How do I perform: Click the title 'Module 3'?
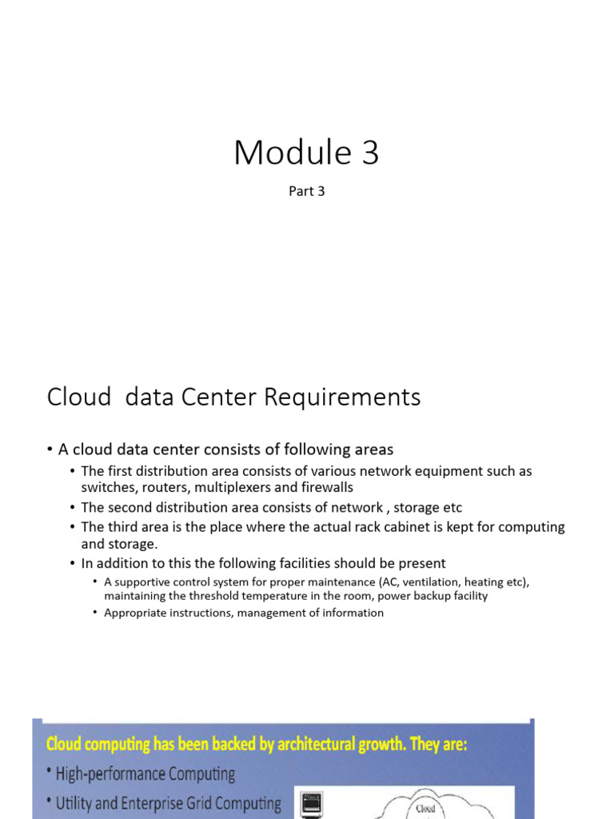[x=306, y=153]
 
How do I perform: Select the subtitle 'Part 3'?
[x=306, y=192]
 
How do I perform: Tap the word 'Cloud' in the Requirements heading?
[x=78, y=397]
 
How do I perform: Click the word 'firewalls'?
[x=327, y=487]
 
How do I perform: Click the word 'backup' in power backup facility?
[x=432, y=596]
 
